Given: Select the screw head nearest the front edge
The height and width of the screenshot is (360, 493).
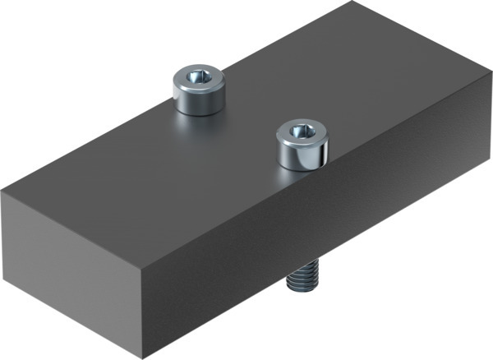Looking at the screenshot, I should click(302, 144).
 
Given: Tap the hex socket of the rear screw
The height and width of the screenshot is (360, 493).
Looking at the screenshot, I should click(198, 78).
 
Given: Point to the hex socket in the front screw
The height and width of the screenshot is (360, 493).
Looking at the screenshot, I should click(302, 132).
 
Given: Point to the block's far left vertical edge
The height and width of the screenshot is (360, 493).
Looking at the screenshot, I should click(3, 234).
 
